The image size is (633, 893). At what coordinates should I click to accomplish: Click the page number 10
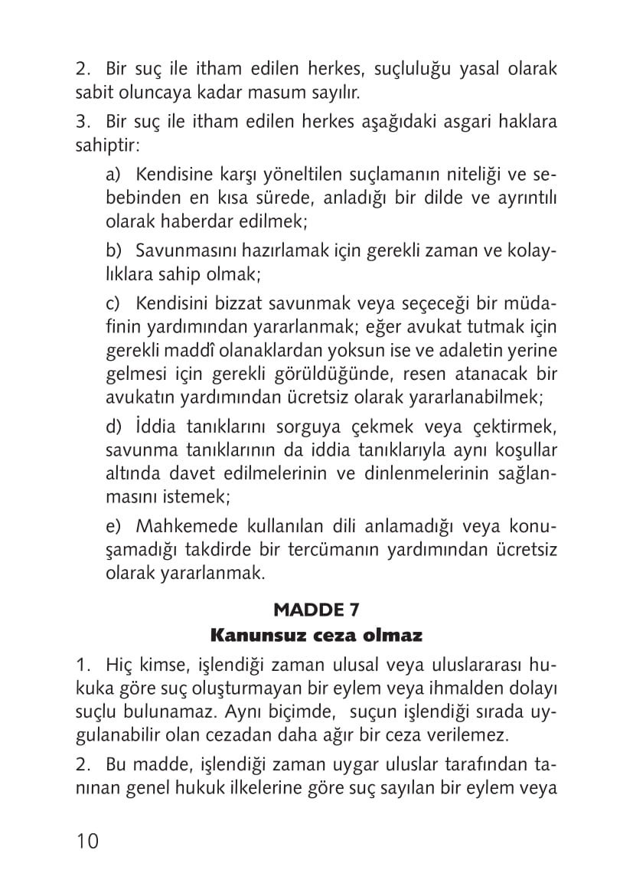click(87, 841)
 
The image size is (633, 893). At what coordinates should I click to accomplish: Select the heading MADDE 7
click(316, 610)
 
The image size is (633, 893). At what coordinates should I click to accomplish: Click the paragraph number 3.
click(82, 122)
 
